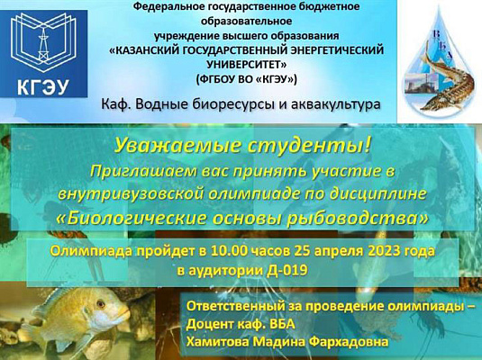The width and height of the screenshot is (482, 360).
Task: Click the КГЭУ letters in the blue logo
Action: pos(44,86)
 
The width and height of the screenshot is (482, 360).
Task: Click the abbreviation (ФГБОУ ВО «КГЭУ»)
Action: pos(245,79)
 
